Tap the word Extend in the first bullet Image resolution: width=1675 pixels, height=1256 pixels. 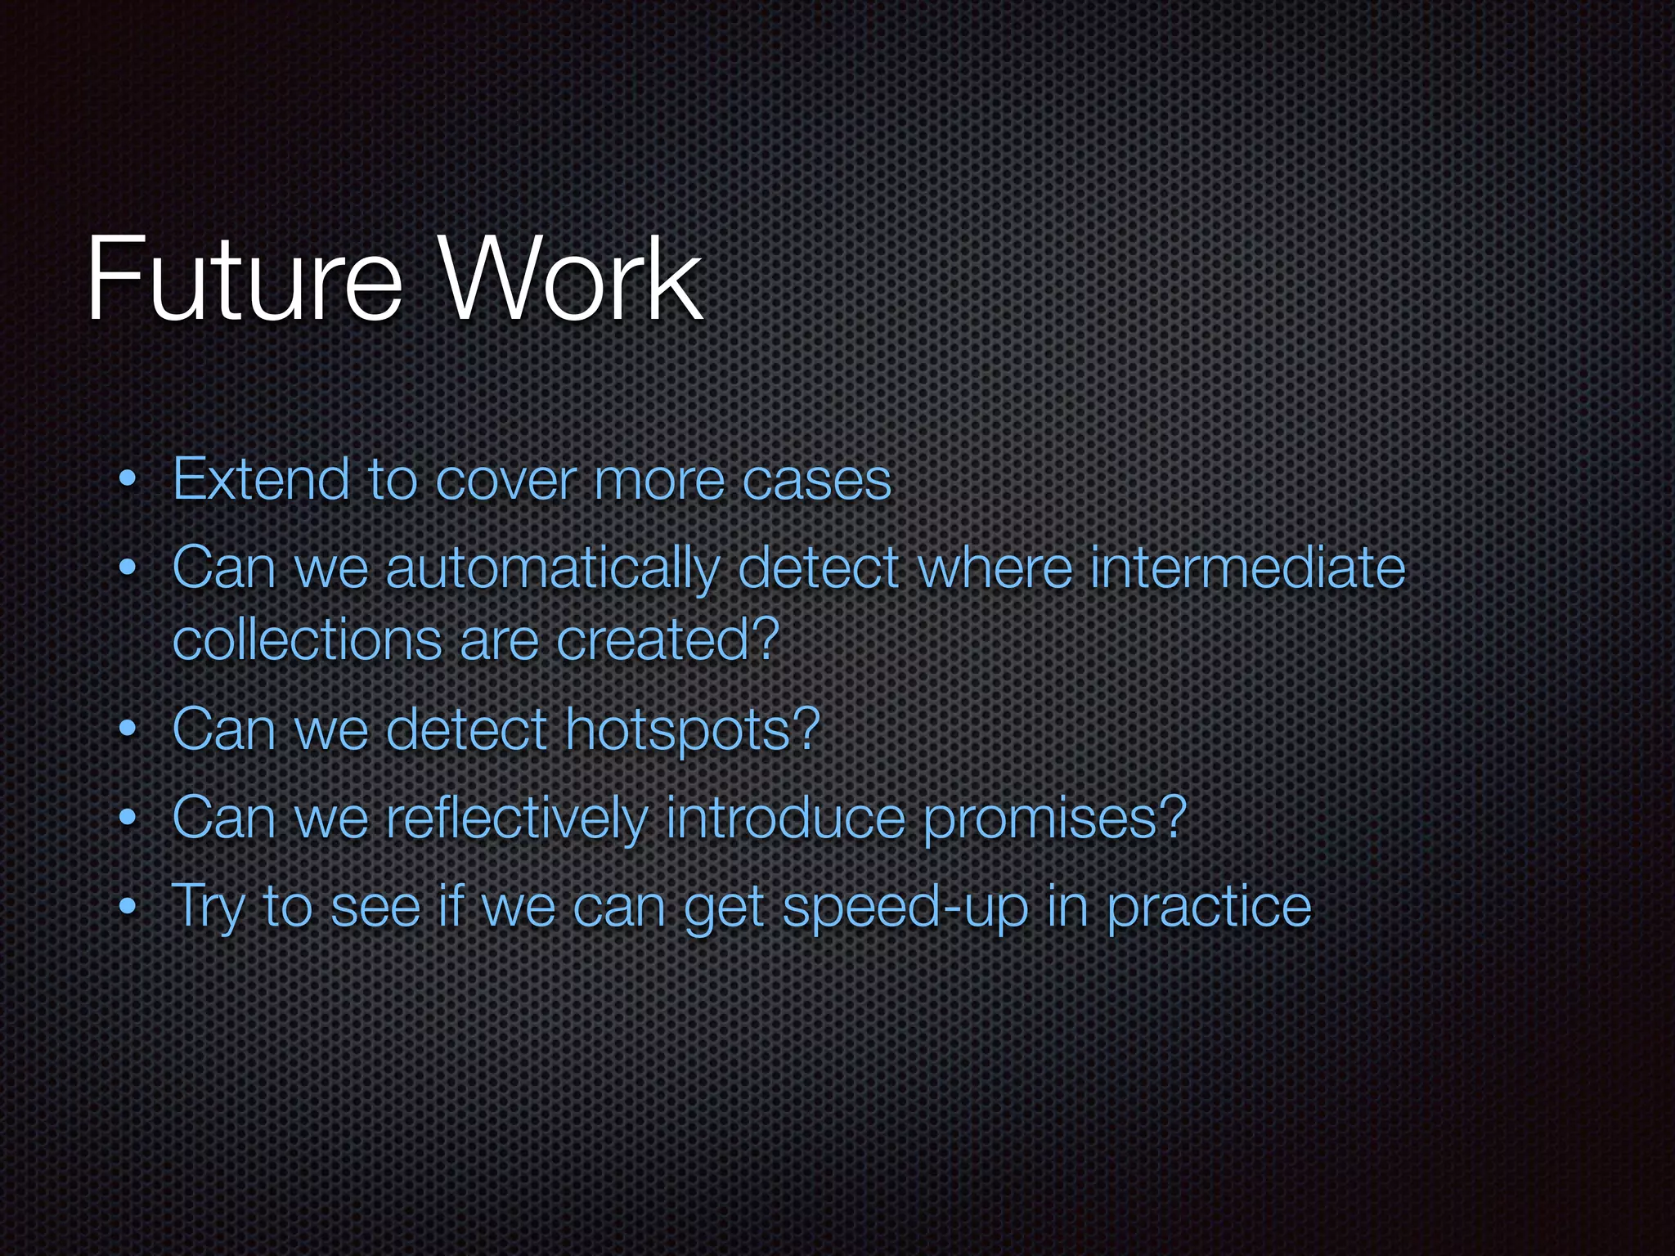(x=261, y=480)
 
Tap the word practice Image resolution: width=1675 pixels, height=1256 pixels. (x=1209, y=908)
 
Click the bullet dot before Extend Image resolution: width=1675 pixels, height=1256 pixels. (x=127, y=482)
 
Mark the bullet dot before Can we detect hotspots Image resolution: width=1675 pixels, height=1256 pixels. (x=127, y=729)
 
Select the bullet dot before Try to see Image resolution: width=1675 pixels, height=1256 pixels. (x=127, y=907)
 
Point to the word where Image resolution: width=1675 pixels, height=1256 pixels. (x=995, y=568)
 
